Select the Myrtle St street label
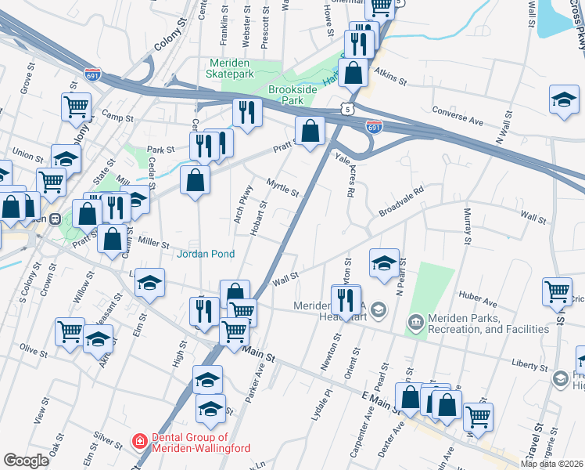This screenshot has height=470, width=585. (x=282, y=189)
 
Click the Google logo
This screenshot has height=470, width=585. (x=26, y=461)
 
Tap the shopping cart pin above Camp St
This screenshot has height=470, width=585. (x=77, y=106)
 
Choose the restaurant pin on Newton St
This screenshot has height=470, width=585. (x=345, y=300)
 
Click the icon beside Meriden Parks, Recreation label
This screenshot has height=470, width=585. (x=415, y=322)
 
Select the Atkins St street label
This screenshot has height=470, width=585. (x=390, y=77)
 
